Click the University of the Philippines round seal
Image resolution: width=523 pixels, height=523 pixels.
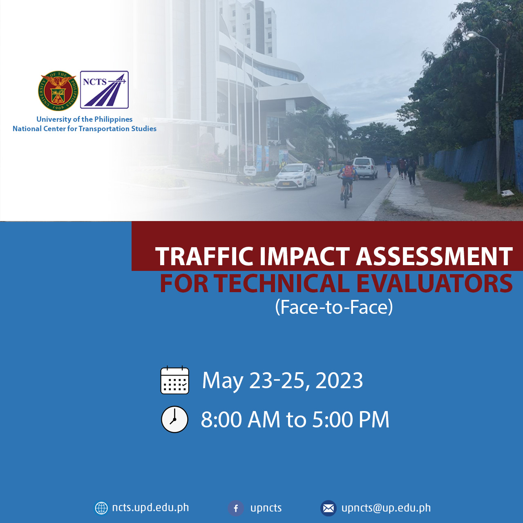tap(58, 91)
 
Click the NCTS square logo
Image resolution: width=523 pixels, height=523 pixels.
tap(104, 89)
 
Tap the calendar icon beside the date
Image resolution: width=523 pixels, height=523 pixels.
tap(174, 380)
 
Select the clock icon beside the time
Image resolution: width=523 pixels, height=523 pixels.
tap(174, 419)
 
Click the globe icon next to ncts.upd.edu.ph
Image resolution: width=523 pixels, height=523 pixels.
tap(101, 508)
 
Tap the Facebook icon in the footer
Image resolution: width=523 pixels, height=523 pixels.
tap(236, 508)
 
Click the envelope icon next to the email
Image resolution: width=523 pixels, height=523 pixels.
tap(328, 508)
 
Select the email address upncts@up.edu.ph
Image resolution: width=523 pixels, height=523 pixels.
tap(386, 508)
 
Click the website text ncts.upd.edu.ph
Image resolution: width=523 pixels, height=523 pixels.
tap(150, 507)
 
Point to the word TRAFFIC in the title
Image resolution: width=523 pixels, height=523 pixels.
tap(204, 257)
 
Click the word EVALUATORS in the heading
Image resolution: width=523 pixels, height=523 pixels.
tap(434, 284)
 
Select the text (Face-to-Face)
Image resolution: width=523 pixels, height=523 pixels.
tap(334, 307)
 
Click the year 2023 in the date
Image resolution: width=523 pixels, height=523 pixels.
tap(339, 381)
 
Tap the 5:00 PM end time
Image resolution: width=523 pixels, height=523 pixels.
tap(351, 420)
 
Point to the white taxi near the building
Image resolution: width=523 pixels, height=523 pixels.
tap(296, 176)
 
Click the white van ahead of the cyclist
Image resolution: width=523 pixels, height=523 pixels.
tap(365, 168)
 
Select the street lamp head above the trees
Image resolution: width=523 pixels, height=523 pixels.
tap(474, 35)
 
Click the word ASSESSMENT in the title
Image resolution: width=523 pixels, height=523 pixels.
tap(434, 257)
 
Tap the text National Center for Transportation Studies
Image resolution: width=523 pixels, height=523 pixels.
tap(85, 129)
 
